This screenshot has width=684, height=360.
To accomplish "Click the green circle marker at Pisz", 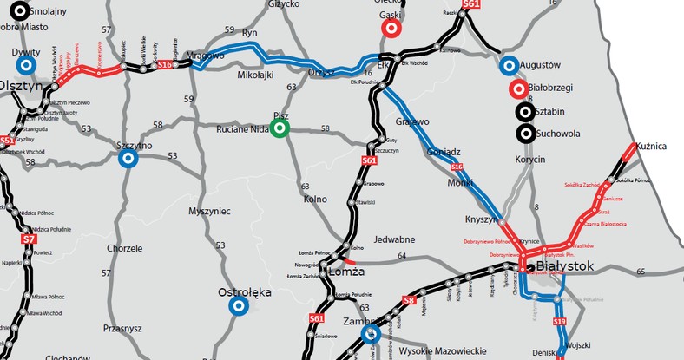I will (x=279, y=129).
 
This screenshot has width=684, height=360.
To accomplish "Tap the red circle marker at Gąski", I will (x=391, y=28).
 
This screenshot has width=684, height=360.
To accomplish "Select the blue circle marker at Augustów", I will (x=509, y=65).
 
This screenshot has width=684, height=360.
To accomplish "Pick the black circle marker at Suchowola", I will (x=524, y=134).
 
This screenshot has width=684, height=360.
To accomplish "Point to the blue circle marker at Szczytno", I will (x=128, y=158).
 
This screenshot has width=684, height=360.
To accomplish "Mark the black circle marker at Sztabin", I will (x=524, y=111).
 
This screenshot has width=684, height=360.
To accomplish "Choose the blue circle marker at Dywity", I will (x=26, y=64).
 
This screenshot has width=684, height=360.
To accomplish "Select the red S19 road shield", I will (x=559, y=322).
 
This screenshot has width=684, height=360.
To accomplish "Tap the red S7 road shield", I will (x=30, y=239).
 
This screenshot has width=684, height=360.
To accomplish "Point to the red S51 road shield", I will (x=8, y=140).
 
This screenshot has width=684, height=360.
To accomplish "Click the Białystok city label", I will (x=565, y=266).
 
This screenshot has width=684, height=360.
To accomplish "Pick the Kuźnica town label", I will (x=651, y=147).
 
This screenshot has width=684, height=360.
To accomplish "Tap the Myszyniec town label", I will (x=210, y=211).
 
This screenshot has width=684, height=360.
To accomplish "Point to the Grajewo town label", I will (x=413, y=122).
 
